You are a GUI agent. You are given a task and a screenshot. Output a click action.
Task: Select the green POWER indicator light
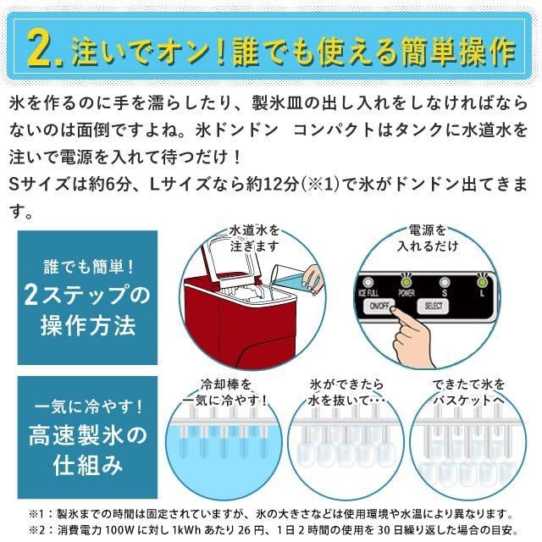pyautogui.click(x=407, y=281)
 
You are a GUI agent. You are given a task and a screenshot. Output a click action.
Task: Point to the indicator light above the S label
pyautogui.click(x=445, y=281)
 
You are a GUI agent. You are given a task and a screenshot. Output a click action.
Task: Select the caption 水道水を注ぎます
pyautogui.click(x=254, y=237)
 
